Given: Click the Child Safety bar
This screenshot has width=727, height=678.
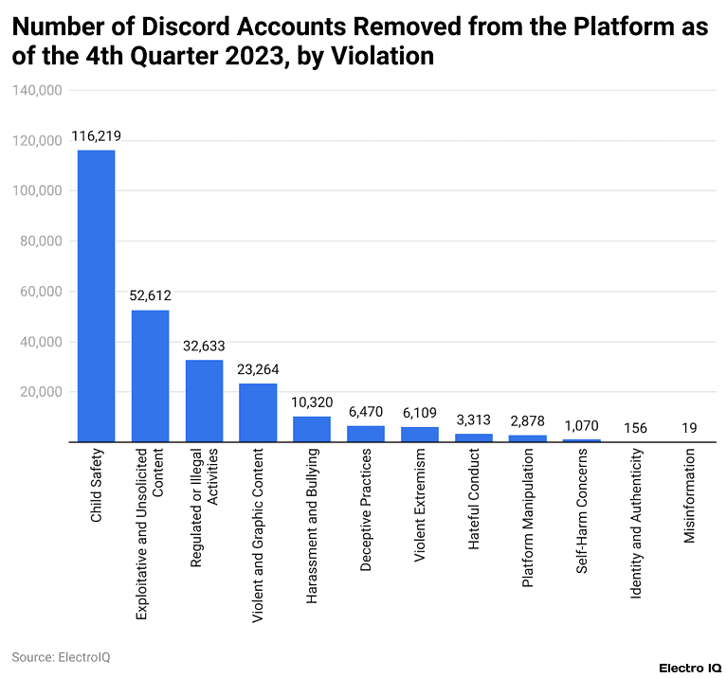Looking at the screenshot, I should (x=96, y=295).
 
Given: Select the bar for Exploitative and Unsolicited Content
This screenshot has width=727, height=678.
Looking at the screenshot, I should (x=150, y=376).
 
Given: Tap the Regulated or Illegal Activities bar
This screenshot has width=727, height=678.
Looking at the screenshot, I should (x=204, y=401).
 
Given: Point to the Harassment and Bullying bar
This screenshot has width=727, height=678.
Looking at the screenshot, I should (x=312, y=429).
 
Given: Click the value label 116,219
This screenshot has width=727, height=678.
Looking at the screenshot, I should (x=96, y=136).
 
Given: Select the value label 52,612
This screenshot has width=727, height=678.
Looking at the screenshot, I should (x=150, y=295).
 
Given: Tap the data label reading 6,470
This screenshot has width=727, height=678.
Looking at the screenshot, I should (x=366, y=412).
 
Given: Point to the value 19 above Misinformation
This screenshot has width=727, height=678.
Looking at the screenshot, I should (x=689, y=428).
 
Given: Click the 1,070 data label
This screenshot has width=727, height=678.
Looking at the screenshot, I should (x=581, y=425).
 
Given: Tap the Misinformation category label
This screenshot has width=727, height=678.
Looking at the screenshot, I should (x=689, y=497).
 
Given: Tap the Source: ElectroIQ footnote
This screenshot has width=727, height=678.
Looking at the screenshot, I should (x=61, y=656).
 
